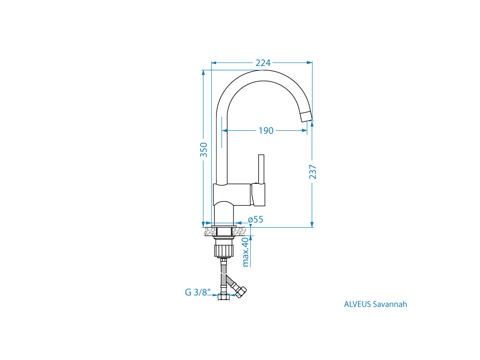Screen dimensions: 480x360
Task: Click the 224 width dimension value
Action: click(263, 63)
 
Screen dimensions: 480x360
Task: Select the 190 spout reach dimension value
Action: click(266, 131)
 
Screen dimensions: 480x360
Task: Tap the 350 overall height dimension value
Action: click(203, 150)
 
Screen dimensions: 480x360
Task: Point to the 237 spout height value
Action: click(313, 172)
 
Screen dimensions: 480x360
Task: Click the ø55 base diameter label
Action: click(255, 219)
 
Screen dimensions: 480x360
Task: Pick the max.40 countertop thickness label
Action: click(246, 252)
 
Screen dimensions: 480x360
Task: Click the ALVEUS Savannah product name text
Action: click(375, 304)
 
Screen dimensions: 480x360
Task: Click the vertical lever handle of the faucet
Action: click(261, 169)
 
